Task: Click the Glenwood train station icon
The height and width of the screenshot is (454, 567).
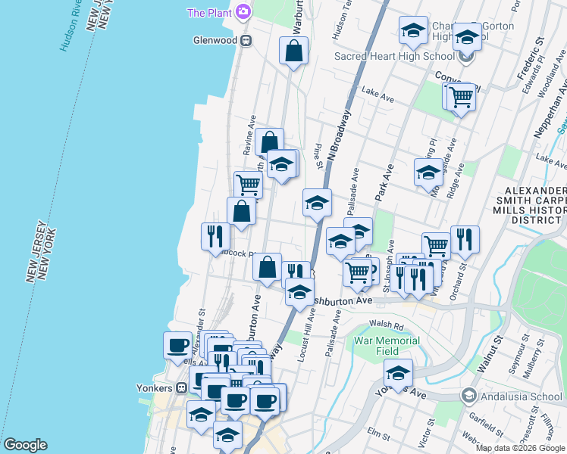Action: [246, 41]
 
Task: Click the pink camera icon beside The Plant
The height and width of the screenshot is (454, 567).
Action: [243, 11]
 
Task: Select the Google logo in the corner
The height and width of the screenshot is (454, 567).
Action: [24, 446]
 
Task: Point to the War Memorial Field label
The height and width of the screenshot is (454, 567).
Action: [387, 346]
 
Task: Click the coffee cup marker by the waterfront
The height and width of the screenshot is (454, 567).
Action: [177, 345]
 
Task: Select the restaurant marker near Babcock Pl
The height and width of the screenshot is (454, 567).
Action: [215, 235]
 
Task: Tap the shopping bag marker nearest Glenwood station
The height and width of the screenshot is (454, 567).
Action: [293, 51]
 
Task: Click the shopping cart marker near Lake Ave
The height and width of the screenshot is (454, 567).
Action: [460, 97]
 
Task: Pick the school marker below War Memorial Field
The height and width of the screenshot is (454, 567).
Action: [398, 372]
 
